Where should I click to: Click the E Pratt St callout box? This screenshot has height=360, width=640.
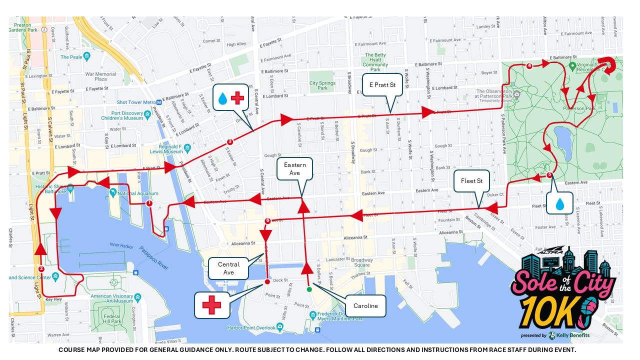(x=382, y=85)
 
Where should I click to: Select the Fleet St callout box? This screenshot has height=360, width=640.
(x=471, y=181)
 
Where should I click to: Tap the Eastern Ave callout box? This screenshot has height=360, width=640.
(x=294, y=169)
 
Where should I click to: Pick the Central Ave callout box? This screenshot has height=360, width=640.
(x=228, y=268)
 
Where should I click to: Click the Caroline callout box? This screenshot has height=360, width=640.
(x=365, y=306)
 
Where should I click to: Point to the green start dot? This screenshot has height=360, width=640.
(x=309, y=289)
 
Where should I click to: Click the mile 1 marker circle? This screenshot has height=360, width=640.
(x=149, y=203)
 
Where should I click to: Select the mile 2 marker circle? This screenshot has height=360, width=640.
(x=41, y=269)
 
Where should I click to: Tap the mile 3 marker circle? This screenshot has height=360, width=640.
(x=229, y=141)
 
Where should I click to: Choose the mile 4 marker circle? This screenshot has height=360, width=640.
(x=529, y=65)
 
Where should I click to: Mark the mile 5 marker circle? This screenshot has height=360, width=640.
(x=549, y=175)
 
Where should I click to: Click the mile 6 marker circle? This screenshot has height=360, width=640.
(x=267, y=220)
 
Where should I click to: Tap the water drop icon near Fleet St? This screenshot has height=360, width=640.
(x=559, y=203)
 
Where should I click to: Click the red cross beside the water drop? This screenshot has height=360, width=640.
(x=237, y=98)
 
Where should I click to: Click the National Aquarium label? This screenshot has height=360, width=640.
(x=138, y=193)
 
